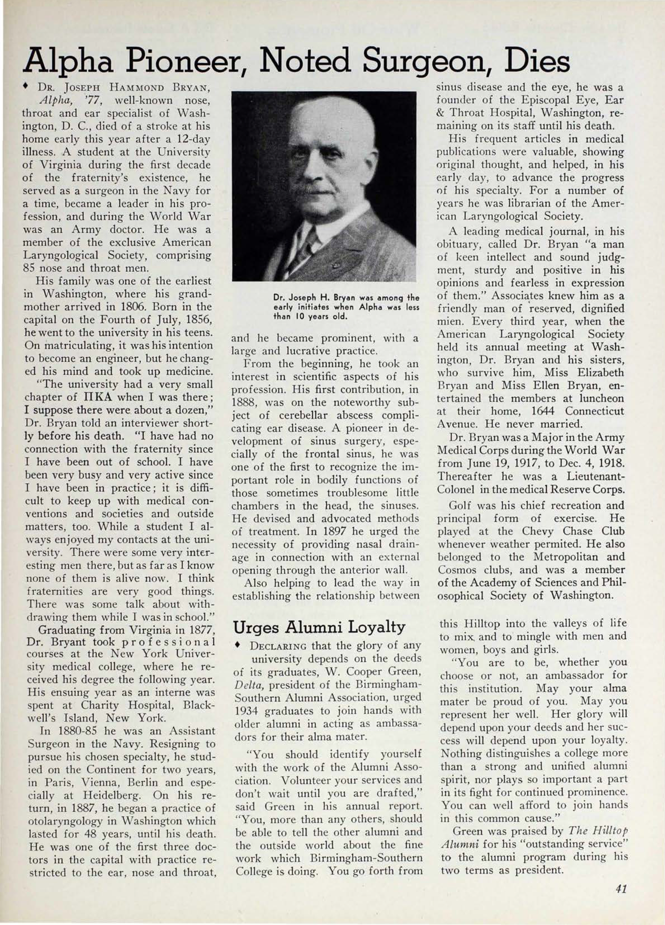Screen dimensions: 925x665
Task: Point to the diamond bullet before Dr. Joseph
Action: tap(26, 87)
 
